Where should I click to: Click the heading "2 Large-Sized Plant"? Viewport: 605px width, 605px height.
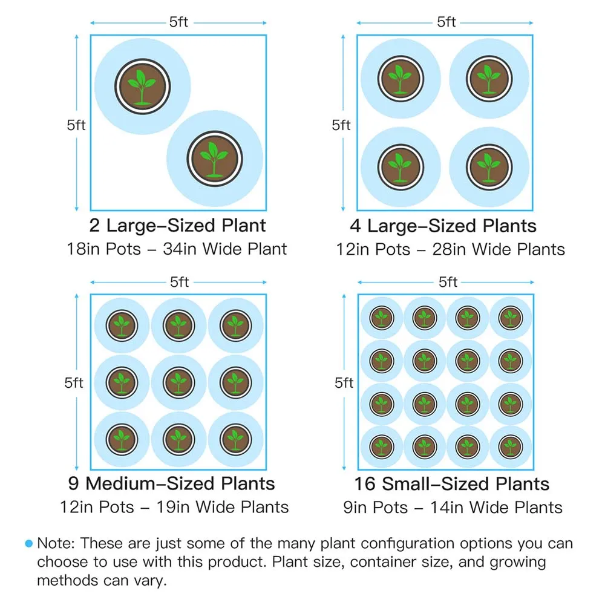177,226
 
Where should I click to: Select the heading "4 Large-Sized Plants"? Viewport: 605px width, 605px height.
443,226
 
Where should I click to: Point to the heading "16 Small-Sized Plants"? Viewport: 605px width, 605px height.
452,484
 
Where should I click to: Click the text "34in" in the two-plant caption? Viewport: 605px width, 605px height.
180,249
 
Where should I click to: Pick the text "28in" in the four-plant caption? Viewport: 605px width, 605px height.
449,249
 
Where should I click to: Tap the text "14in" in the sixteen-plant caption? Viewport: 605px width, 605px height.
446,507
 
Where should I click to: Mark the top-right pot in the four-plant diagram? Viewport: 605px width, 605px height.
488,79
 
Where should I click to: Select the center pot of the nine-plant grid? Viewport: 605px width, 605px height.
178,382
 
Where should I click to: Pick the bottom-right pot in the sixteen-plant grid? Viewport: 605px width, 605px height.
511,446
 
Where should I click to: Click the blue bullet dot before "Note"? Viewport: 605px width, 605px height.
28,544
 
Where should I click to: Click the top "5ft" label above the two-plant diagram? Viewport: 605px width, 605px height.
179,23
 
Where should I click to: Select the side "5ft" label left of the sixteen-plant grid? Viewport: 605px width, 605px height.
343,382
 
